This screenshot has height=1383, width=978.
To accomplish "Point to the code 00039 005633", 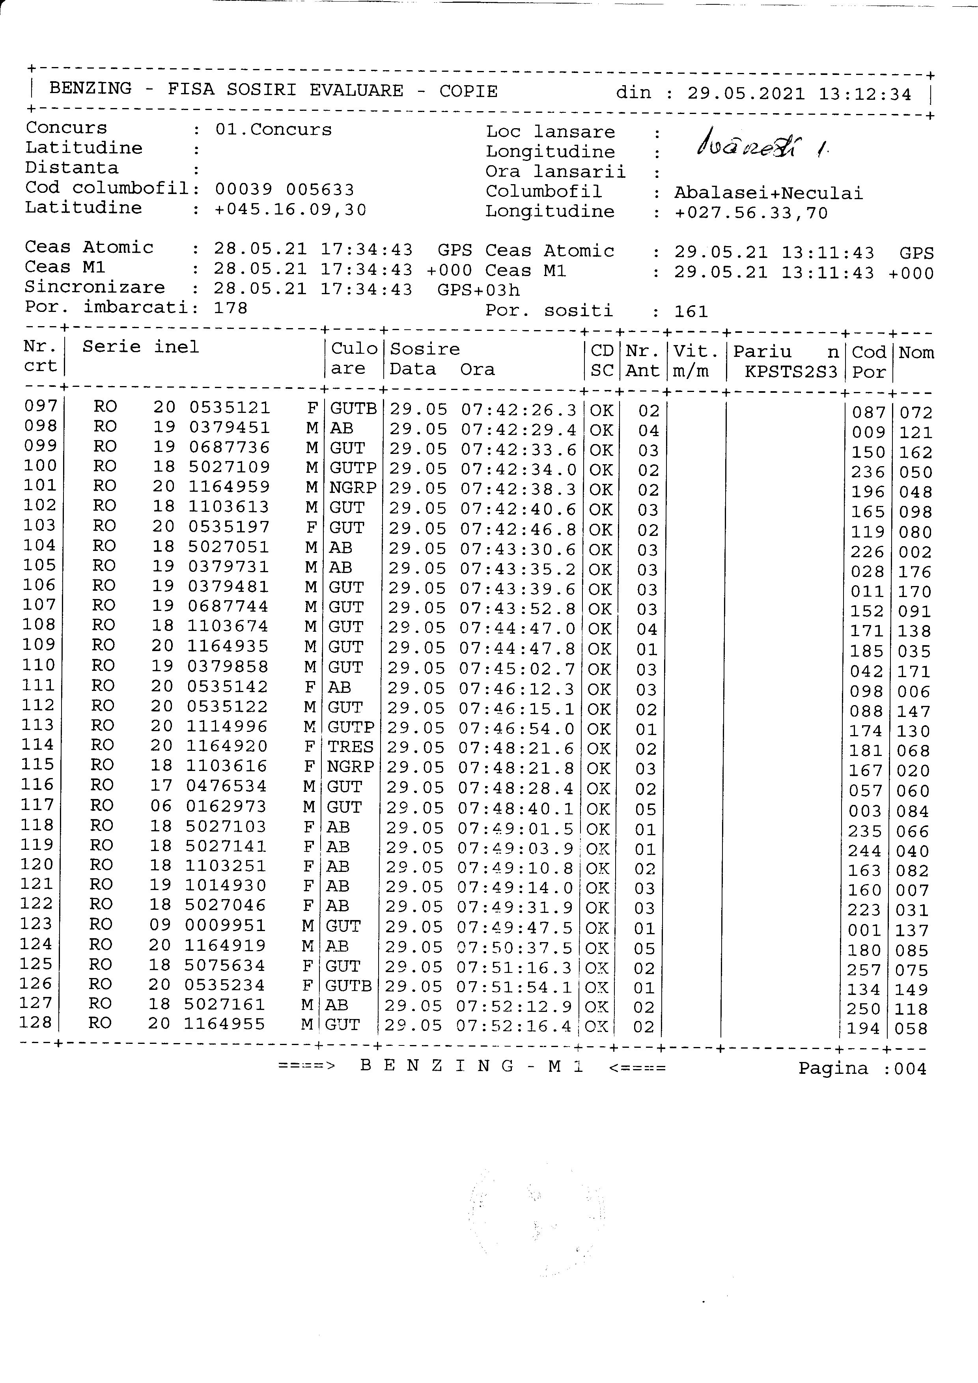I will click(284, 190).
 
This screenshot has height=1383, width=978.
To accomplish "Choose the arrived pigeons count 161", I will click(691, 312).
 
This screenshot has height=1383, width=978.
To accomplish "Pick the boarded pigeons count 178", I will click(231, 308).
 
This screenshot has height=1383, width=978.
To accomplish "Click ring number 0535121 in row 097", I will click(230, 408).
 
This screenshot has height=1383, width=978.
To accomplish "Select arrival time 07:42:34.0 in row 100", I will click(519, 469).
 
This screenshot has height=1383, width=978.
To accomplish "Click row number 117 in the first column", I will click(37, 805).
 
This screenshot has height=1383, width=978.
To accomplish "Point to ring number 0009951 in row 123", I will click(225, 925).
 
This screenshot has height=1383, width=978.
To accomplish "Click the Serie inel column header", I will click(140, 347).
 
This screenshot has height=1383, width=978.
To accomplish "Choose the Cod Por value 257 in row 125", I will click(864, 970).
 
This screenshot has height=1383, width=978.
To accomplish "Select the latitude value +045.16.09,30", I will click(290, 210).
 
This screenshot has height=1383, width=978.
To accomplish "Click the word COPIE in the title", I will click(468, 91).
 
